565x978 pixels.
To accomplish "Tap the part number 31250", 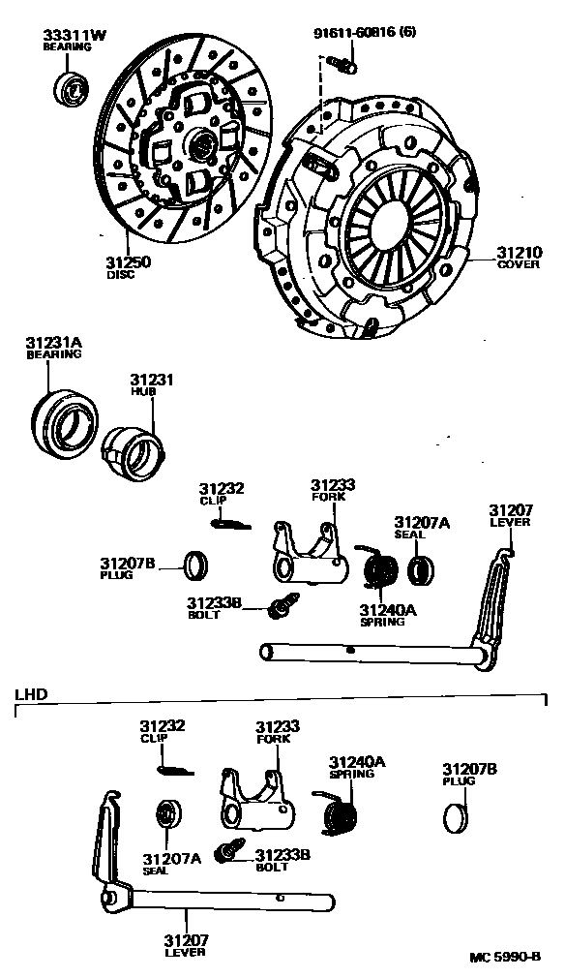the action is (x=128, y=262).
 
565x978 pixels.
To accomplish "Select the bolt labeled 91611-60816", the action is (x=341, y=63).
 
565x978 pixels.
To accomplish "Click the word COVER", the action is (x=519, y=264).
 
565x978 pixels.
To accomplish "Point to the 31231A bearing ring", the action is (x=64, y=421).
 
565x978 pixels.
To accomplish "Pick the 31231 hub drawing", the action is (x=134, y=451).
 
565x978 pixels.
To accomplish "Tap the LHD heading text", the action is (x=31, y=694).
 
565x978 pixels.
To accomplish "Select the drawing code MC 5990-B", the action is (x=505, y=957).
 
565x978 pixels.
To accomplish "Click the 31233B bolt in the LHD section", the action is (x=228, y=851).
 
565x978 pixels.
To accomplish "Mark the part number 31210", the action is (x=519, y=253).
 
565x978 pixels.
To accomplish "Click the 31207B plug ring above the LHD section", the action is (x=196, y=565).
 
